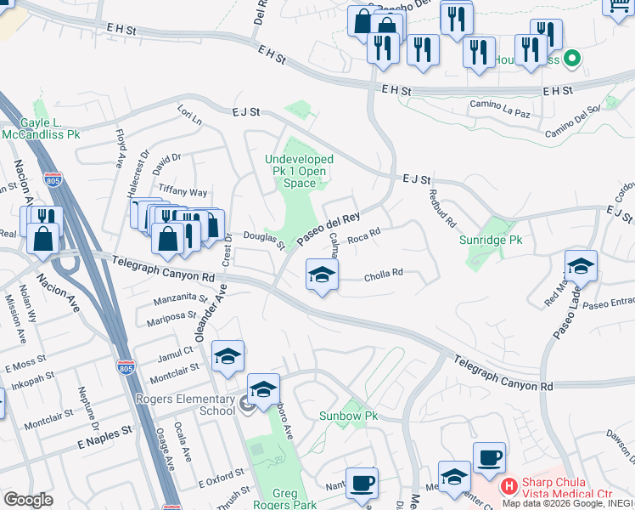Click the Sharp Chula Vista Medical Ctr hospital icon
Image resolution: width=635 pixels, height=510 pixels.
click(x=509, y=486)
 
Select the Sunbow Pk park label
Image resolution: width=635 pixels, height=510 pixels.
click(x=348, y=416)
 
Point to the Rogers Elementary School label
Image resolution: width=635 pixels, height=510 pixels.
click(x=185, y=405)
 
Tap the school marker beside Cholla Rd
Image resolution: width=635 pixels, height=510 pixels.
click(x=322, y=275)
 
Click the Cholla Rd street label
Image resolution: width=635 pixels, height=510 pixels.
click(x=383, y=275)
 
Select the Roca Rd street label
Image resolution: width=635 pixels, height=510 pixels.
click(x=362, y=237)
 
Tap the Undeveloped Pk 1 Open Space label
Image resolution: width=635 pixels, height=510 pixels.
click(x=299, y=171)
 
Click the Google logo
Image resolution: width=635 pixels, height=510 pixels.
click(x=28, y=500)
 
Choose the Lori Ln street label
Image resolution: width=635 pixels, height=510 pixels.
click(x=189, y=115)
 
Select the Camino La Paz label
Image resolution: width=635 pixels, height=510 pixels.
click(x=499, y=112)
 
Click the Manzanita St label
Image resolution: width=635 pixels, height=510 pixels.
click(x=181, y=299)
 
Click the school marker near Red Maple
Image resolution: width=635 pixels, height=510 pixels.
click(x=581, y=267)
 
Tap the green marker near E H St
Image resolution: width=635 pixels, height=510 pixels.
click(x=571, y=59)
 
